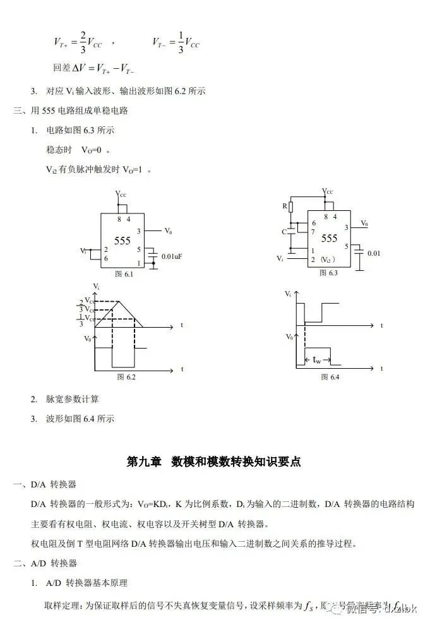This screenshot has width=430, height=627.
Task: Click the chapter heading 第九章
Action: (x=144, y=462)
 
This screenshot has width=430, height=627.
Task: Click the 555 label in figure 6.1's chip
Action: (x=122, y=241)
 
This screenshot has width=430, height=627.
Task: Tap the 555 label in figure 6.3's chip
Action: (x=329, y=238)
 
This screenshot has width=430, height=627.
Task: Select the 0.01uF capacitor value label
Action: (x=172, y=256)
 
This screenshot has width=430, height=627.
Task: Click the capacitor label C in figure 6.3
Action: (x=285, y=232)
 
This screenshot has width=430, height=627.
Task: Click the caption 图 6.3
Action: (x=328, y=273)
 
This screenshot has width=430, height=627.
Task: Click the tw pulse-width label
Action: (x=317, y=359)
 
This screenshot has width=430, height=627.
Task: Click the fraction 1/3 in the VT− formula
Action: (x=180, y=42)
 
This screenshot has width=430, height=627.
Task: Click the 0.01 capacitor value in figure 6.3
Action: (x=374, y=253)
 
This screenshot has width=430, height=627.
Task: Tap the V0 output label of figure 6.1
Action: (x=169, y=231)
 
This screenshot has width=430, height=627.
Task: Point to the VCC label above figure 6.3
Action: (x=327, y=191)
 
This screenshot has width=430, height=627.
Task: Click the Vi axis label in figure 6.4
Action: (x=289, y=294)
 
